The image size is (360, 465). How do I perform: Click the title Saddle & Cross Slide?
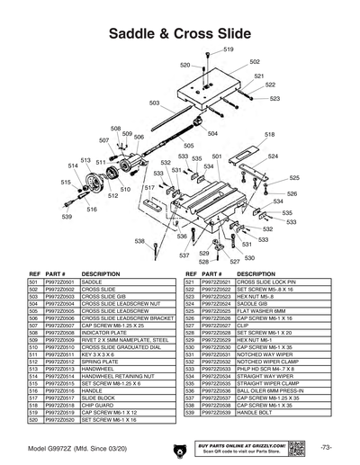tap(179, 33)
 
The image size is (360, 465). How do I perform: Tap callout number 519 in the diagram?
tap(229, 49)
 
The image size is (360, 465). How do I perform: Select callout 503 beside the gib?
tap(155, 103)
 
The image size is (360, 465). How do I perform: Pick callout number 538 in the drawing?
tap(139, 241)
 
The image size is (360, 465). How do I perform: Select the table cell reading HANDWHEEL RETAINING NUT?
tap(120, 375)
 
